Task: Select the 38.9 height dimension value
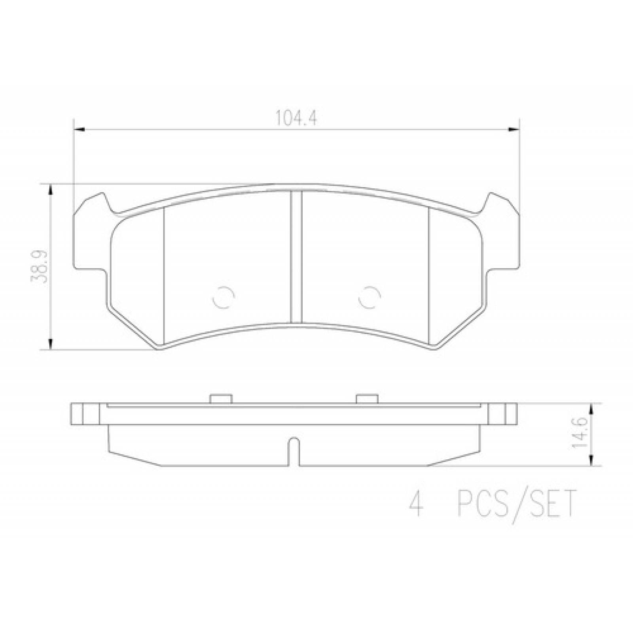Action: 38,265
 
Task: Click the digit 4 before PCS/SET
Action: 415,503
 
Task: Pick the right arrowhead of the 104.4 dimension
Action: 514,129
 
